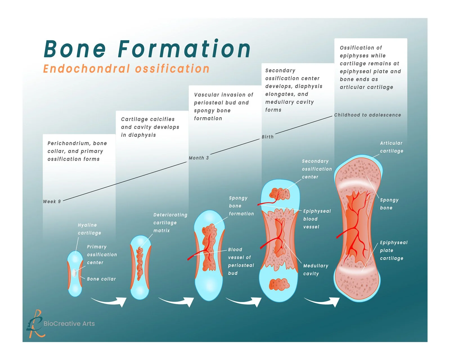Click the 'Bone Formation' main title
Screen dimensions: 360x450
(x=147, y=49)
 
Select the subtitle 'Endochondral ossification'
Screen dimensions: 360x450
(x=126, y=69)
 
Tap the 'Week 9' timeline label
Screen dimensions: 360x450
(x=52, y=202)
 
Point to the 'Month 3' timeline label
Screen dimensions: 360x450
(x=199, y=158)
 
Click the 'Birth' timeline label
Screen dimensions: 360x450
(x=267, y=137)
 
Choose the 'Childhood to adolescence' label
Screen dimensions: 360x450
(x=367, y=115)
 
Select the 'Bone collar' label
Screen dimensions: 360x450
(x=101, y=279)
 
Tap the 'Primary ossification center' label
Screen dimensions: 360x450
(x=102, y=255)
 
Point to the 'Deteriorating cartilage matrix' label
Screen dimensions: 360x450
(x=170, y=223)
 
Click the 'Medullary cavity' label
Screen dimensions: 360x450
(x=315, y=270)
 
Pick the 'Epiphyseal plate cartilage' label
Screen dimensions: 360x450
(x=393, y=250)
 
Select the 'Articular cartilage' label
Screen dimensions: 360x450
(x=391, y=147)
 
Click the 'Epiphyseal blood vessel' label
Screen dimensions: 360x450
(x=317, y=219)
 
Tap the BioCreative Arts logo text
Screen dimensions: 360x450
(x=69, y=324)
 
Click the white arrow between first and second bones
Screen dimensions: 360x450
(x=109, y=301)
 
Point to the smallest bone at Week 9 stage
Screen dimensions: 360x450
(x=75, y=273)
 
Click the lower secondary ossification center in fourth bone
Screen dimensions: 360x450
(x=279, y=284)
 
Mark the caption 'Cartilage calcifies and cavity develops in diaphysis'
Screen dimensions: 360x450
(x=150, y=127)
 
